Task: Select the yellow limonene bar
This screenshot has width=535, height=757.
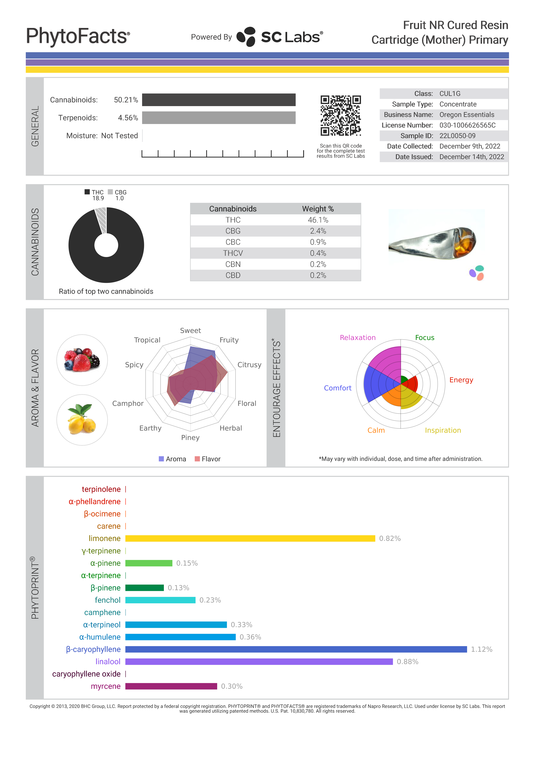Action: click(250, 538)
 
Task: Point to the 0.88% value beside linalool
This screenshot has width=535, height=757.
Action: click(407, 662)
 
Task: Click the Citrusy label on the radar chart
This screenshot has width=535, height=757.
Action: click(249, 365)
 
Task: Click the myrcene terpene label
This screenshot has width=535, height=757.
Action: click(106, 686)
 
